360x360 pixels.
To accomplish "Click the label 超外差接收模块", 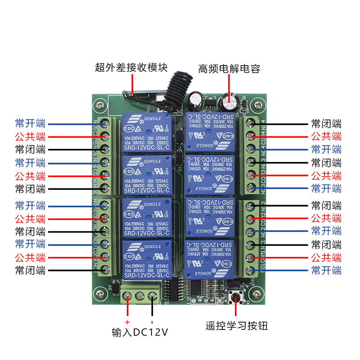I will [131, 68].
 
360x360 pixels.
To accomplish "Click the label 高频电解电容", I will [229, 69].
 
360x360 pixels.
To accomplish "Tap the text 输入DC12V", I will [140, 333].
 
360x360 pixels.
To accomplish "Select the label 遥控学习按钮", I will [236, 325].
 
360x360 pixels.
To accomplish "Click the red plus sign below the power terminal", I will [127, 322].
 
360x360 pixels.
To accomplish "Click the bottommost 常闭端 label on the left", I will [30, 270].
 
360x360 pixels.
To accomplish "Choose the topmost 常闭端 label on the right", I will [326, 123].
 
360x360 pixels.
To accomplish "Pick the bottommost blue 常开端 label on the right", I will [326, 270].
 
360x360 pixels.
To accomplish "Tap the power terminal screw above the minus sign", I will [153, 296].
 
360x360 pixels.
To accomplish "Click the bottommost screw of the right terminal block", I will [250, 270].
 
